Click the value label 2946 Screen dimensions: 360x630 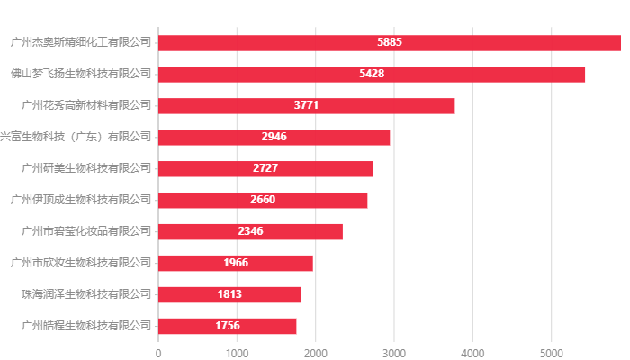274,137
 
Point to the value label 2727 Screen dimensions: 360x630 265,168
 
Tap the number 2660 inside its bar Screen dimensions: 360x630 263,200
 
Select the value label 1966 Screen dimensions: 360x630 236,263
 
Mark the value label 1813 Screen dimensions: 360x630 229,294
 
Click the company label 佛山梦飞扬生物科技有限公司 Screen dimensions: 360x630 81,74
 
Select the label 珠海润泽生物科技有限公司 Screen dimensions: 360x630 86,294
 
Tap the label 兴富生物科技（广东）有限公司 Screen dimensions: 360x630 76,137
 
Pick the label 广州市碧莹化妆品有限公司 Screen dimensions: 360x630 86,231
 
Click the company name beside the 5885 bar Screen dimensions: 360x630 81,42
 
